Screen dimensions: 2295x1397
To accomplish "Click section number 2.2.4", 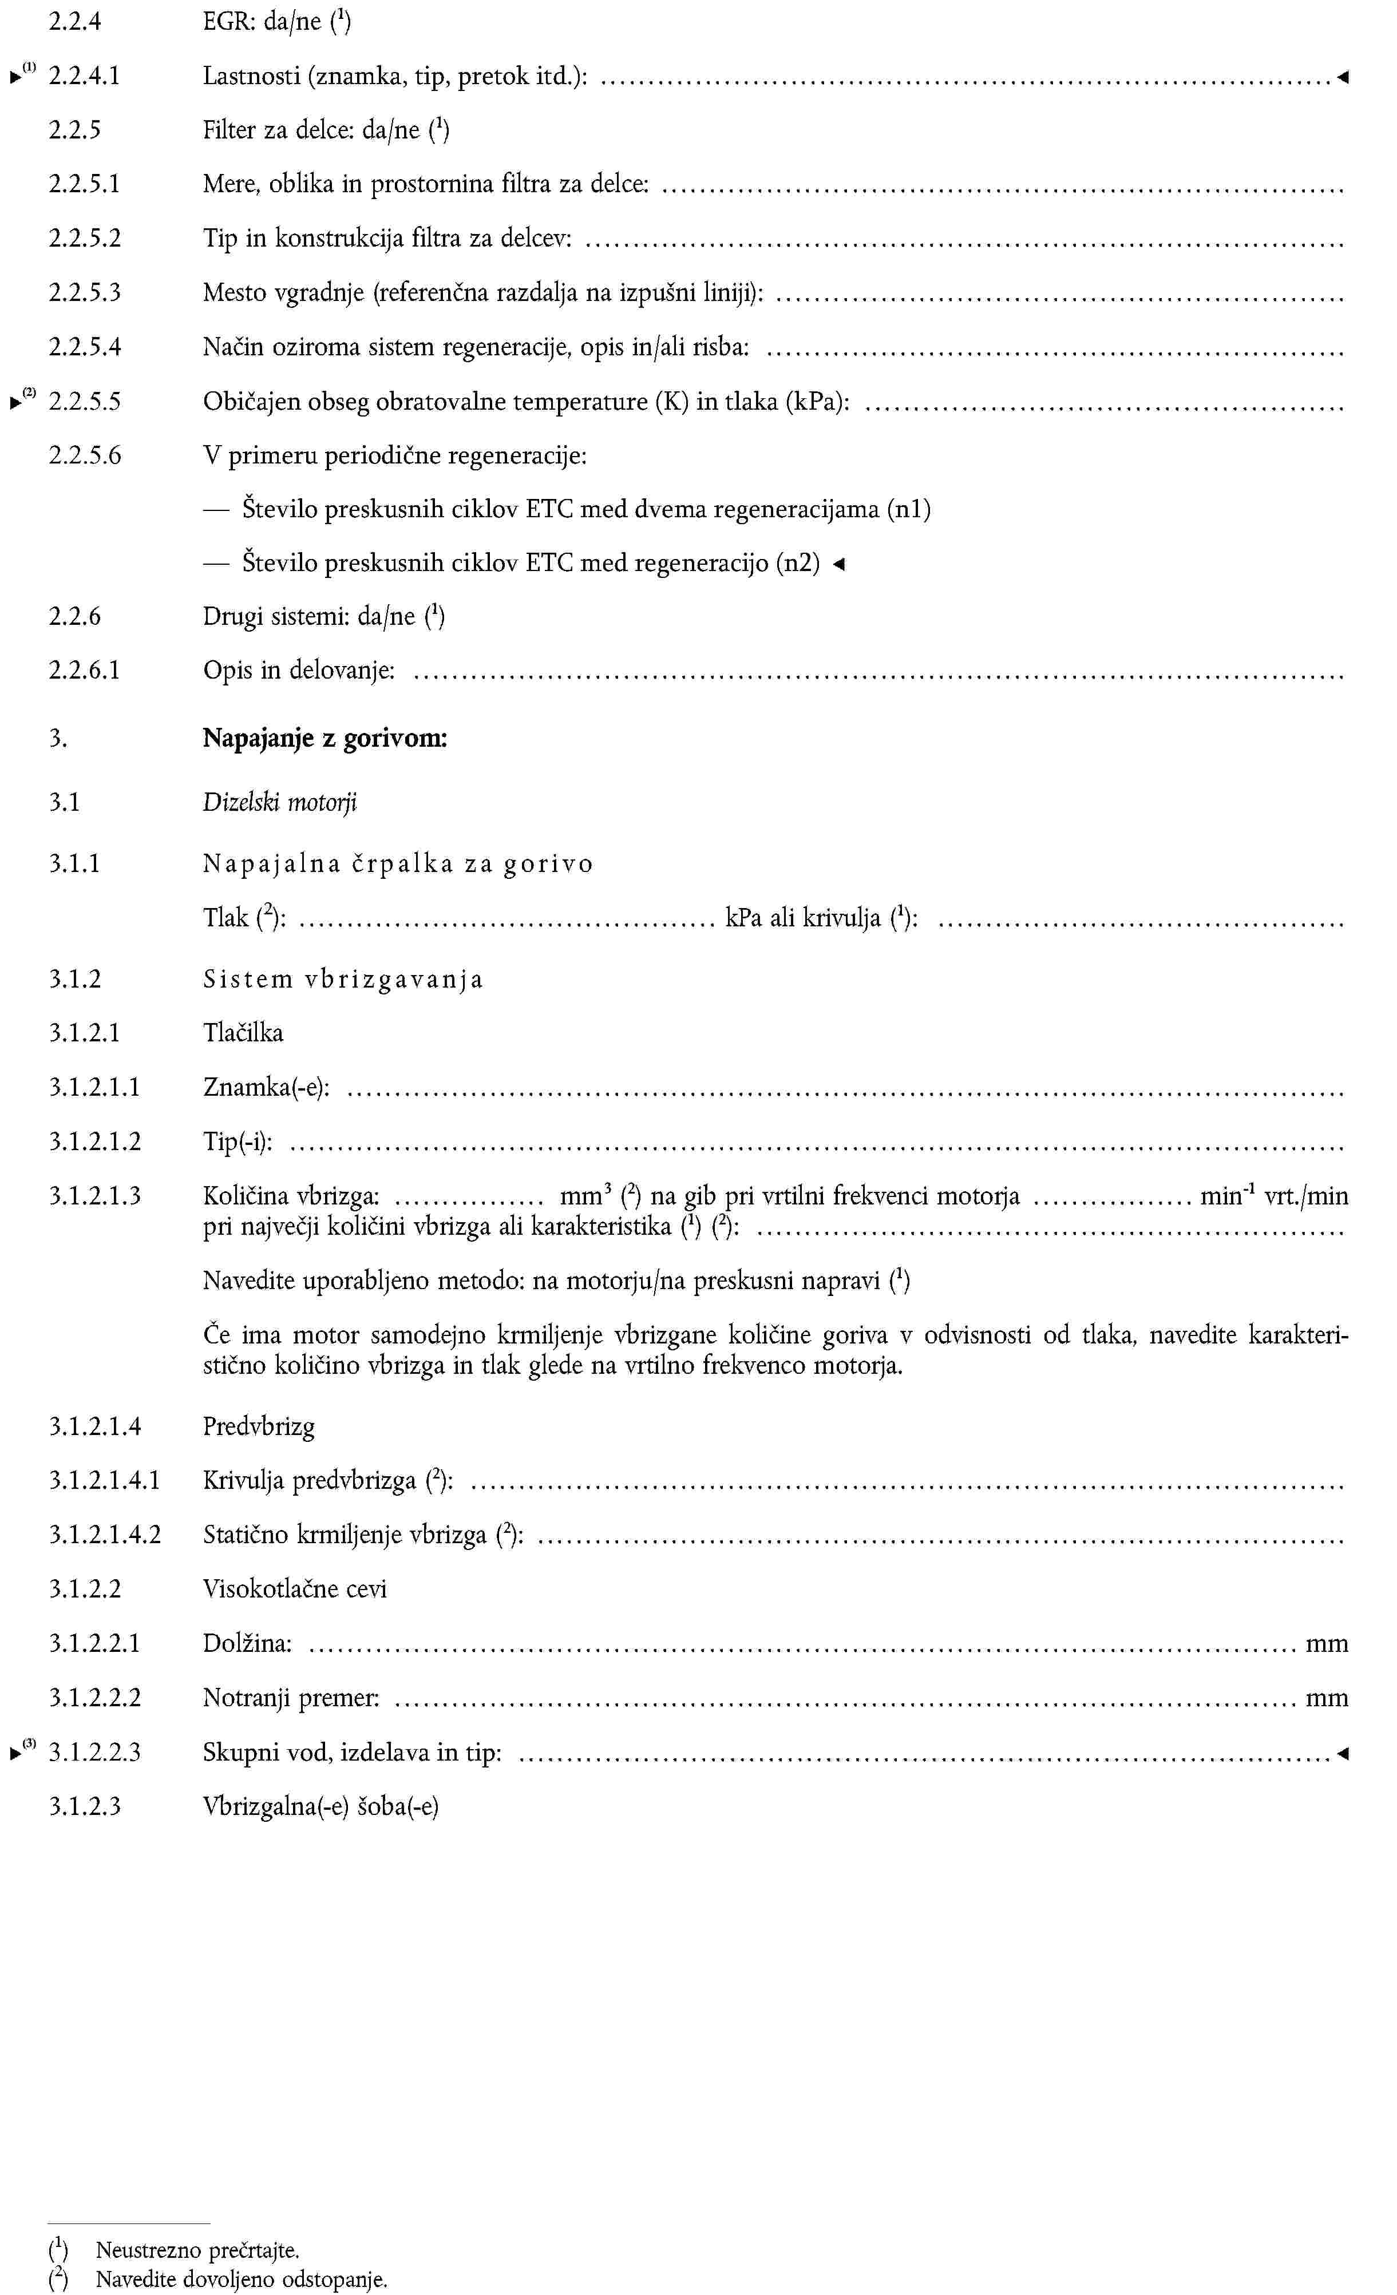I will pos(74,21).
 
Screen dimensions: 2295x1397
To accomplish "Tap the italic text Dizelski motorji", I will pos(279,802).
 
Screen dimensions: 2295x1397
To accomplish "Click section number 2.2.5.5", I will pos(85,402).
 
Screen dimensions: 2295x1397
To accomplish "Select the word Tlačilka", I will pos(243,1033).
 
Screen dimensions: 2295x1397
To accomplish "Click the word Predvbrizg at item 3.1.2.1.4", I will pos(259,1426).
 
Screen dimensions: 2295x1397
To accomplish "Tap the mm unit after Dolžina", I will pos(1326,1644).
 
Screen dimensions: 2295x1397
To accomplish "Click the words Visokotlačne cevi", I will pos(294,1589).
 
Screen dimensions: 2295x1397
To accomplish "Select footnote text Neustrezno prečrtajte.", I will pos(197,2250).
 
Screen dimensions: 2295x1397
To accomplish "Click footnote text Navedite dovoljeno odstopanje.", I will pos(241,2279).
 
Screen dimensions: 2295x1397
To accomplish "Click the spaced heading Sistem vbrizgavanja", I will pos(343,979).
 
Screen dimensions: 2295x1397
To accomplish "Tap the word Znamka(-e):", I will pos(266,1087).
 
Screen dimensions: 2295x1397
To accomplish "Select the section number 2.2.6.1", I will pos(85,669).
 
